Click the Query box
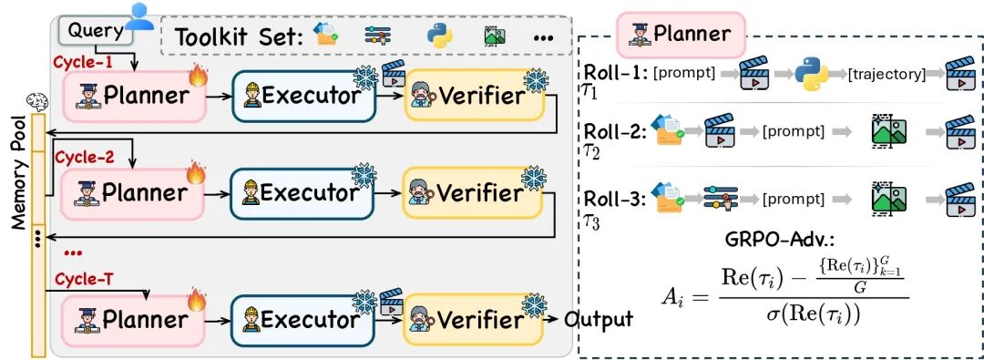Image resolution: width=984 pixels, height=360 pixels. tap(96, 31)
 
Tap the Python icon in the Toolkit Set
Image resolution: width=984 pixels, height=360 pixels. tap(440, 36)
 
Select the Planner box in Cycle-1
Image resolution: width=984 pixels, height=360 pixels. tap(135, 96)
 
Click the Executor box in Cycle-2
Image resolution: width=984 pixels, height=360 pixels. tap(303, 193)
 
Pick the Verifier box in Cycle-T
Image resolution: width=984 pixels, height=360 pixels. tap(474, 320)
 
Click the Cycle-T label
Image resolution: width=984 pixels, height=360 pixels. tap(85, 278)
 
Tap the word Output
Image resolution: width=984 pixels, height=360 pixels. tap(599, 319)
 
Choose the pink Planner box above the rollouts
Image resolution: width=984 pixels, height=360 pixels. tap(681, 34)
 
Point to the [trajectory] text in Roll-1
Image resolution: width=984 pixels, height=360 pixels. tap(887, 74)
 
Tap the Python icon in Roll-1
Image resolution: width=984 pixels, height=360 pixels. tap(812, 73)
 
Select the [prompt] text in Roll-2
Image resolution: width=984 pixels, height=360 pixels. tap(794, 132)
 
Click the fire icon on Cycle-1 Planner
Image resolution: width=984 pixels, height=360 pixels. tap(198, 77)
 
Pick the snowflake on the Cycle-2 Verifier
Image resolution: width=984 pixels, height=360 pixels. tap(535, 178)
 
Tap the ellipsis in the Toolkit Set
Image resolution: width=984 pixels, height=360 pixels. tap(543, 38)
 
